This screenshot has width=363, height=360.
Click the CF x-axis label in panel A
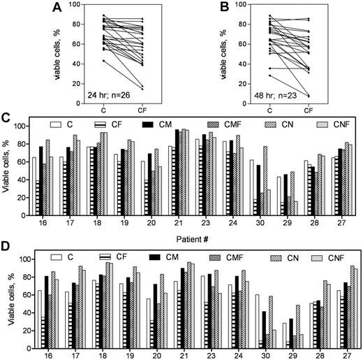click(x=163, y=110)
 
